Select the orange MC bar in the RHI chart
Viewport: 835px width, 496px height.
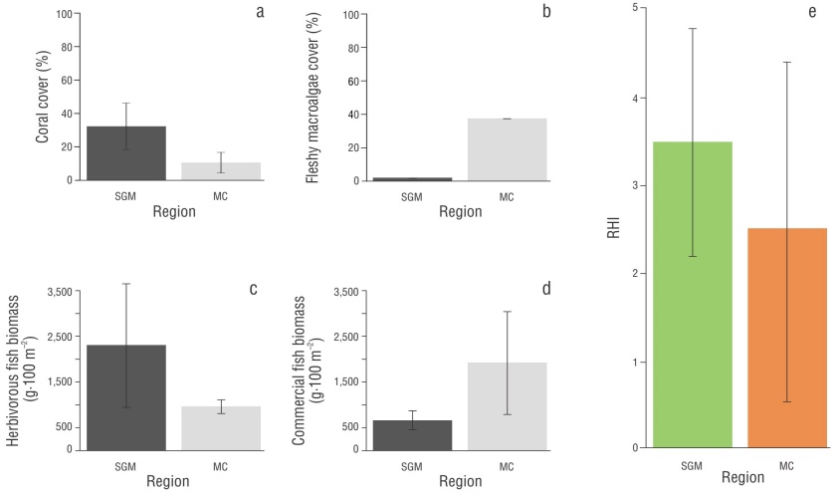pos(786,339)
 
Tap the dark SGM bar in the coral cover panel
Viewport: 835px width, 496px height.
pos(126,153)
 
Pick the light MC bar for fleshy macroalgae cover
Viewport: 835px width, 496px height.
pos(507,149)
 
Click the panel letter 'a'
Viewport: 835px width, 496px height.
pos(260,12)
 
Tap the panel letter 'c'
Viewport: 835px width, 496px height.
pos(253,290)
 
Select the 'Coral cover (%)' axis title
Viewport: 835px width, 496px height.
pos(43,98)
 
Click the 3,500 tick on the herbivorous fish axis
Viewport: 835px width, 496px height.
pos(60,291)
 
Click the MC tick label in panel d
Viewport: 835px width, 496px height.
pos(507,464)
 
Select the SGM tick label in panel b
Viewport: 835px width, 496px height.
pos(412,196)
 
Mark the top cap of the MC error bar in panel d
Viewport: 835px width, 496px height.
pos(507,312)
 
